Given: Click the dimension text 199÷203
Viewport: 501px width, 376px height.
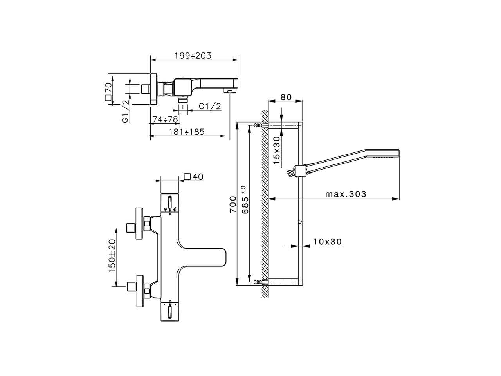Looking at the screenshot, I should pos(192,56).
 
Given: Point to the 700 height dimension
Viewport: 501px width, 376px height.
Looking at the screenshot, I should pos(233,204).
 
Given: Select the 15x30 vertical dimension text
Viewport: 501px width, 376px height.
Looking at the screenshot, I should pos(277,150).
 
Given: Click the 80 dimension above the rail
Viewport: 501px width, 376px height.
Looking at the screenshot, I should pos(286,98).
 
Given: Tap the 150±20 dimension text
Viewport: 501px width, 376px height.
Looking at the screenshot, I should pos(112,256).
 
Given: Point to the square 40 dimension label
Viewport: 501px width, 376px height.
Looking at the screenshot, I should pos(193,177).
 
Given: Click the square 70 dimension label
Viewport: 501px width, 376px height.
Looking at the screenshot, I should pos(108,92).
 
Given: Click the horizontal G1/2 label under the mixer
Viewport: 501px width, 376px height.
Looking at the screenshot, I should pos(210,106).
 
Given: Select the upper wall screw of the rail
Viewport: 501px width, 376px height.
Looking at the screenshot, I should pos(258,125).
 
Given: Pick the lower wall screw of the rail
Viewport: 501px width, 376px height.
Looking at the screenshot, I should pos(258,282).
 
